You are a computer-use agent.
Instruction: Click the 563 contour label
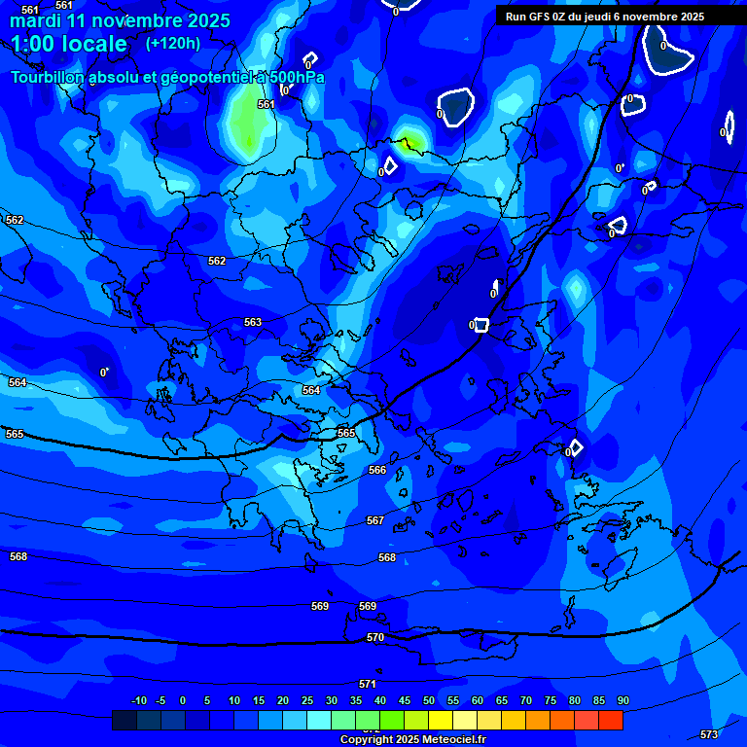click(x=253, y=322)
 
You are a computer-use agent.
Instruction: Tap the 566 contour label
click(x=377, y=470)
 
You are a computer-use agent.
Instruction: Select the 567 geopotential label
click(x=375, y=520)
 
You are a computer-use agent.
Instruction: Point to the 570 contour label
click(x=375, y=637)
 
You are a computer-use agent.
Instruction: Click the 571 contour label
click(x=368, y=684)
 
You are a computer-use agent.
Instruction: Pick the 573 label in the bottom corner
click(x=709, y=734)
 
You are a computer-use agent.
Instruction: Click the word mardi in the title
click(x=36, y=20)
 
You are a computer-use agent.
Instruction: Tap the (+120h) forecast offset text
click(x=173, y=43)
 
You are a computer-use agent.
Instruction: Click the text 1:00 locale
click(x=69, y=44)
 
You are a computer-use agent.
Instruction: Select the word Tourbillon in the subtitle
click(x=48, y=78)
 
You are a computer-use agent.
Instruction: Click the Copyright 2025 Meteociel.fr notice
click(x=412, y=740)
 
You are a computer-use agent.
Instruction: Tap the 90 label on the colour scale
click(x=623, y=700)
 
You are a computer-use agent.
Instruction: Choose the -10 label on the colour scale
click(x=138, y=700)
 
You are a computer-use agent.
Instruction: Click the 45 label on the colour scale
click(x=404, y=700)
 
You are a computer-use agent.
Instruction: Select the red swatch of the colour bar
click(x=611, y=720)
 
